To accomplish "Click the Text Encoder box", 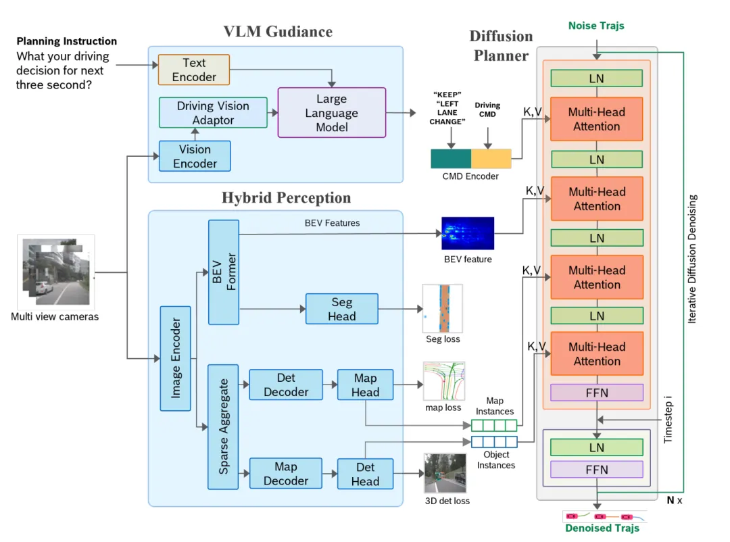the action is pyautogui.click(x=194, y=70).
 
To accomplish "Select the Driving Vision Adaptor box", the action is pyautogui.click(x=213, y=113).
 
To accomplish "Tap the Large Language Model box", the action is pyautogui.click(x=331, y=113).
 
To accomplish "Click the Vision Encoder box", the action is pyautogui.click(x=195, y=156).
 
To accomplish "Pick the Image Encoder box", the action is pyautogui.click(x=175, y=359).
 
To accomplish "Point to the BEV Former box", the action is pyautogui.click(x=224, y=272).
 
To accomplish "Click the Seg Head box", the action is pyautogui.click(x=342, y=309).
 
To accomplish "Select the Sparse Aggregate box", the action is pyautogui.click(x=223, y=426).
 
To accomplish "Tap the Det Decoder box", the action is pyautogui.click(x=286, y=385).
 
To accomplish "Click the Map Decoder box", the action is pyautogui.click(x=286, y=473).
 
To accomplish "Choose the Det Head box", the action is pyautogui.click(x=366, y=474).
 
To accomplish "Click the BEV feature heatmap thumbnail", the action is pyautogui.click(x=468, y=233).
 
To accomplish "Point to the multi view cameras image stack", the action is pyautogui.click(x=56, y=272).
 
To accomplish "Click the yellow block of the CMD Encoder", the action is pyautogui.click(x=491, y=159).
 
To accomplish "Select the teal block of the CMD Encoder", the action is pyautogui.click(x=451, y=159).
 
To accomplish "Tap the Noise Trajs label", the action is pyautogui.click(x=596, y=26).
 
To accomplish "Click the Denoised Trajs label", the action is pyautogui.click(x=602, y=528).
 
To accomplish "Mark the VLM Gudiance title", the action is pyautogui.click(x=278, y=32).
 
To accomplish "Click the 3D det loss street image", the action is pyautogui.click(x=445, y=473).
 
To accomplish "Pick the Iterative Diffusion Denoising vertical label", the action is pyautogui.click(x=692, y=259).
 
